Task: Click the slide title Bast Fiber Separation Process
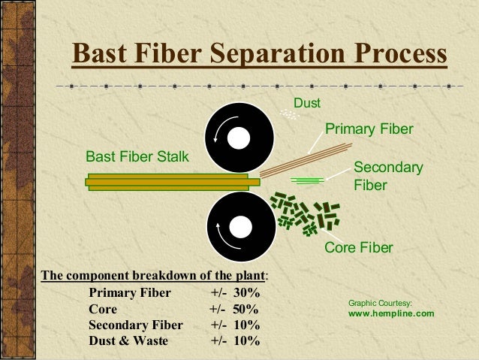click(258, 55)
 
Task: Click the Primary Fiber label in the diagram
click(369, 129)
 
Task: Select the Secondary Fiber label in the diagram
click(388, 175)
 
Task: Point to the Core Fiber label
click(358, 248)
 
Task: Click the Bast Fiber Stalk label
click(137, 157)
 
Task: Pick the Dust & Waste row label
click(128, 341)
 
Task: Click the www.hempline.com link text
click(391, 313)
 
